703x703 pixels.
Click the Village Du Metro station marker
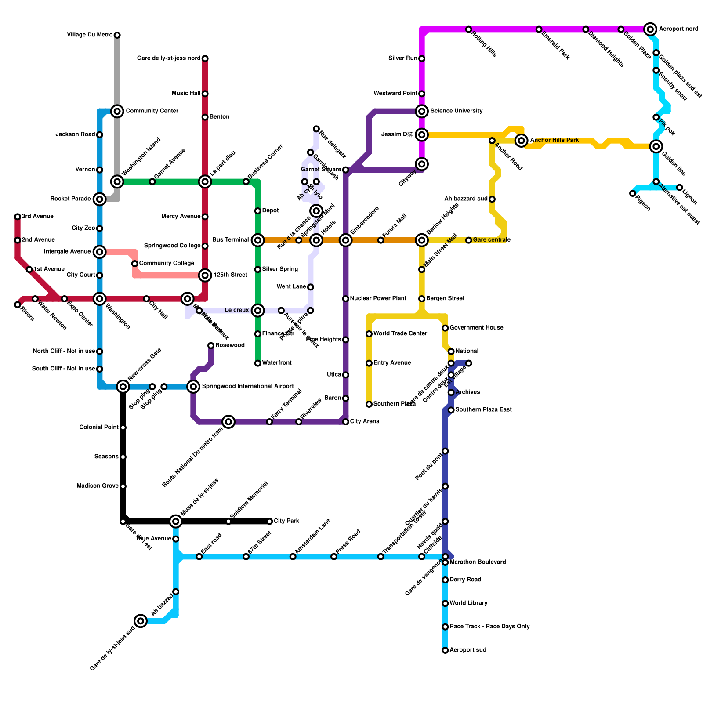(117, 35)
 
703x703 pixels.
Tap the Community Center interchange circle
(117, 111)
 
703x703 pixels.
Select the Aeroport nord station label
(678, 29)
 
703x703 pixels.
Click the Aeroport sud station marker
(445, 650)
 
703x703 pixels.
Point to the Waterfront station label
(277, 363)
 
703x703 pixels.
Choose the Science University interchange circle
(422, 111)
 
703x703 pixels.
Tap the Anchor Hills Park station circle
(522, 141)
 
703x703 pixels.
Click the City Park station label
(286, 521)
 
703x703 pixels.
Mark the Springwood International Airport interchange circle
(193, 387)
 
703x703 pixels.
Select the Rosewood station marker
(211, 346)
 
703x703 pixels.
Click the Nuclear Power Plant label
(378, 299)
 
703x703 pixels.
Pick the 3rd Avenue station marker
(18, 217)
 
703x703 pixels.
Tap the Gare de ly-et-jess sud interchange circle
(141, 621)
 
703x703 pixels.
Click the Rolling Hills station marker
(469, 29)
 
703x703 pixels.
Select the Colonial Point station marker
(123, 428)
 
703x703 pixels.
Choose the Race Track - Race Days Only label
(489, 627)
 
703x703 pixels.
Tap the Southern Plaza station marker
(369, 404)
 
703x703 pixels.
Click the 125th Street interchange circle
(205, 275)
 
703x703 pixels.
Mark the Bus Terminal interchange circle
(258, 240)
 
